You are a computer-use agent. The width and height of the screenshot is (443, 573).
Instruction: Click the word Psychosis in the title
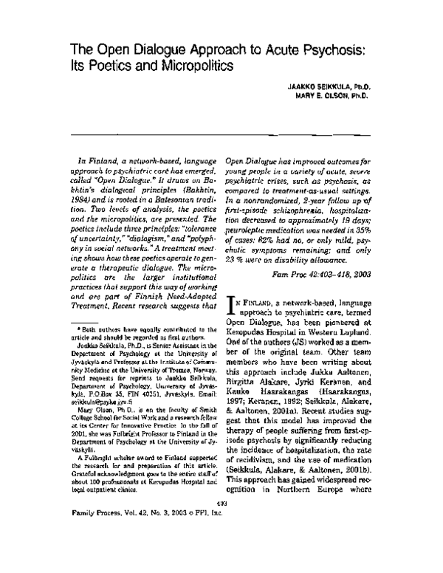[333, 49]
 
